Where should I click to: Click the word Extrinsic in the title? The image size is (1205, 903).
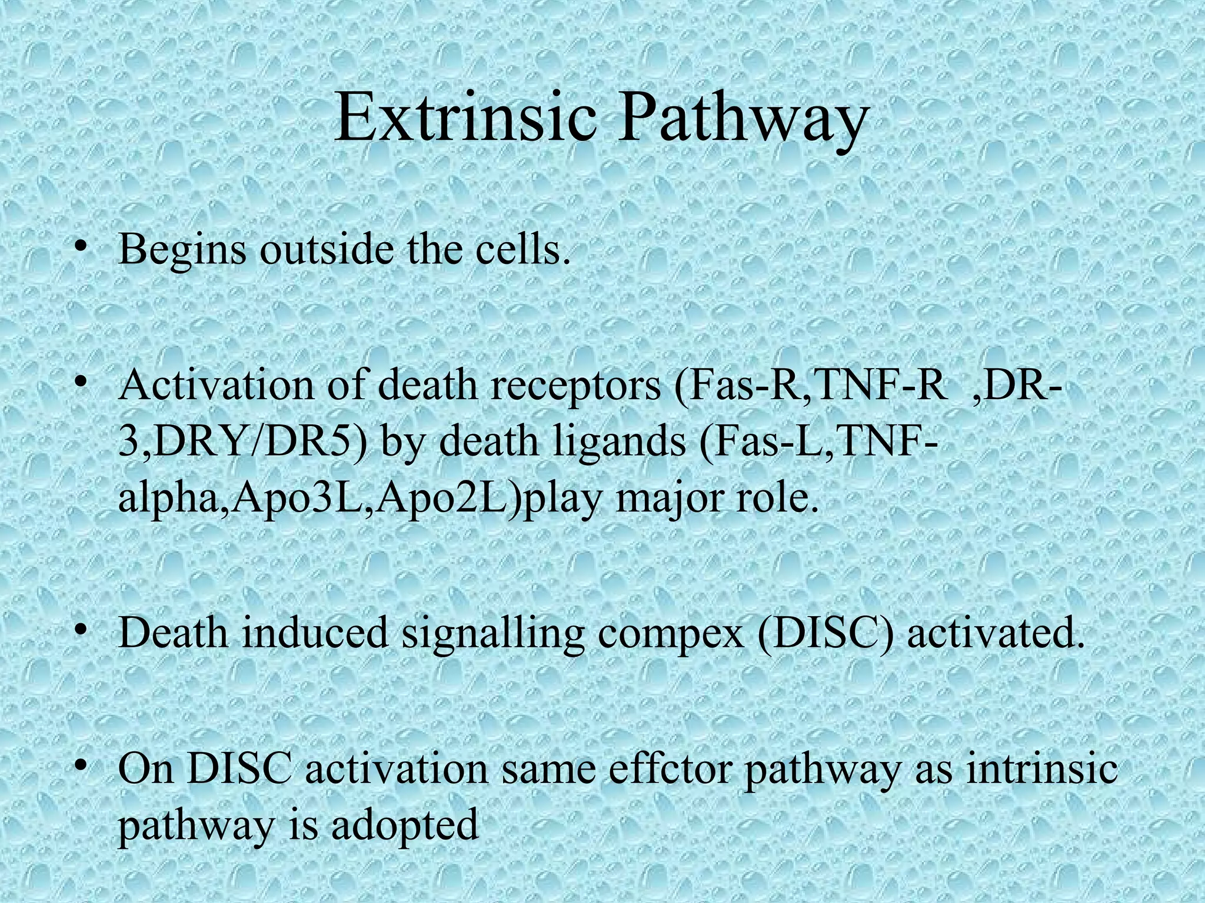click(x=465, y=119)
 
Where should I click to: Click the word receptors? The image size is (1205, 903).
click(x=568, y=386)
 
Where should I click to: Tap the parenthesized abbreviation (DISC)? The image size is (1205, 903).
click(x=827, y=633)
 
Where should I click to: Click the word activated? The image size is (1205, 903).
click(x=994, y=633)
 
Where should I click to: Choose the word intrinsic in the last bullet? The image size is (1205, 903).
click(x=1041, y=769)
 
